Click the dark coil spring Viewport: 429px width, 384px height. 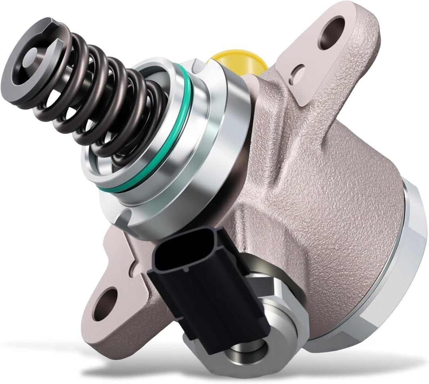[99, 99]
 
